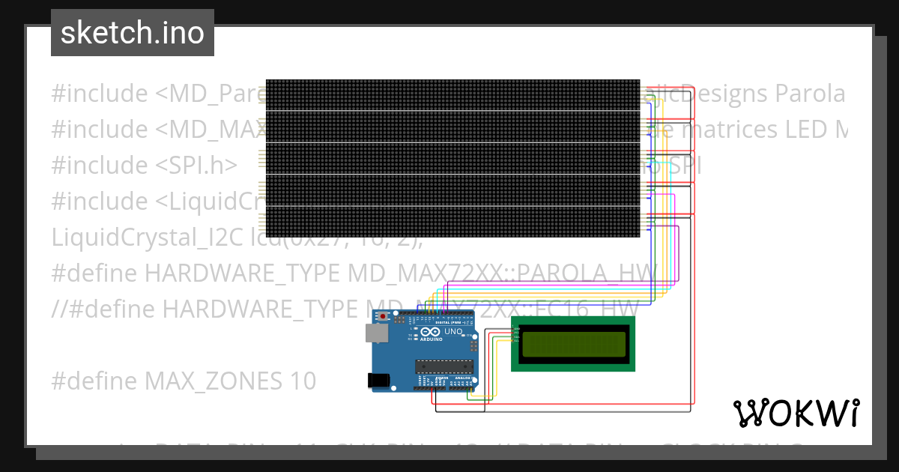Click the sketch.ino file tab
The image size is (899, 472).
click(133, 33)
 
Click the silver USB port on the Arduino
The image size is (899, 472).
click(377, 333)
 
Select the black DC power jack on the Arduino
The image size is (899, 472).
click(381, 380)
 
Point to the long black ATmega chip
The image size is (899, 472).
click(445, 366)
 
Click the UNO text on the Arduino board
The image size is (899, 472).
click(454, 331)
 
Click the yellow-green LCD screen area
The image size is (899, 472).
click(573, 344)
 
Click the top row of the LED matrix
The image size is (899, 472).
click(452, 94)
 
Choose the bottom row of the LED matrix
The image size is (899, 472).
click(452, 222)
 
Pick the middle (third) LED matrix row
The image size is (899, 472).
click(452, 158)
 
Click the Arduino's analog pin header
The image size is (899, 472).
click(461, 387)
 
